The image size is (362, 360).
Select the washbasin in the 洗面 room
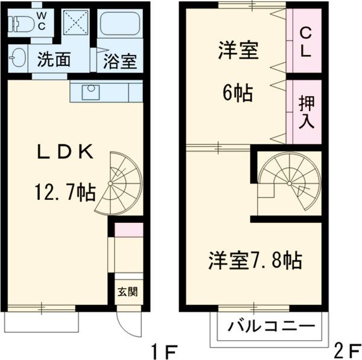click(x=17, y=59)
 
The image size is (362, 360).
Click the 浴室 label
click(x=119, y=62)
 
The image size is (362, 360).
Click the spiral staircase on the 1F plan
click(x=120, y=181)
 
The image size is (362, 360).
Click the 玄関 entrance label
click(x=127, y=292)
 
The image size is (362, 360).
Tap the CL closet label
click(x=305, y=42)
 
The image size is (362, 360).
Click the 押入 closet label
click(x=306, y=112)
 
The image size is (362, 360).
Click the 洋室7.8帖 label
click(x=255, y=261)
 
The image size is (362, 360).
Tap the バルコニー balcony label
click(x=271, y=328)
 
